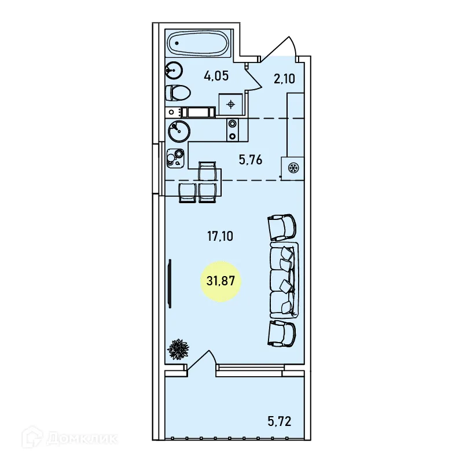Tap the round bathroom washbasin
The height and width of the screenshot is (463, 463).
[x=174, y=70]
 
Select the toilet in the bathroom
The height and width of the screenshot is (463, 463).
[x=178, y=93]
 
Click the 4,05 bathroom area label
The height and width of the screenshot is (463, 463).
[x=216, y=76]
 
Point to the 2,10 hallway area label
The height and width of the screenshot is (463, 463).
[x=284, y=79]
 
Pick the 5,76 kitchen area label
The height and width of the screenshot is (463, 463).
[x=251, y=160]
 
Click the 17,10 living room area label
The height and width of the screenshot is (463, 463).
[x=220, y=236]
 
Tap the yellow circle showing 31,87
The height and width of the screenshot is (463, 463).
[x=221, y=281]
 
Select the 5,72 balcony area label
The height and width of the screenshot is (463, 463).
[x=280, y=421]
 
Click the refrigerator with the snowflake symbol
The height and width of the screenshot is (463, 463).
[x=293, y=168]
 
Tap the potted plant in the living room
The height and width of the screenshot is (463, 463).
[x=178, y=350]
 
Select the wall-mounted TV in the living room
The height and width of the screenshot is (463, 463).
[x=170, y=284]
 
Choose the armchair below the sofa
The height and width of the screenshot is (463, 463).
[x=281, y=333]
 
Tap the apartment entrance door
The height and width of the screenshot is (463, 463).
[x=278, y=49]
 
